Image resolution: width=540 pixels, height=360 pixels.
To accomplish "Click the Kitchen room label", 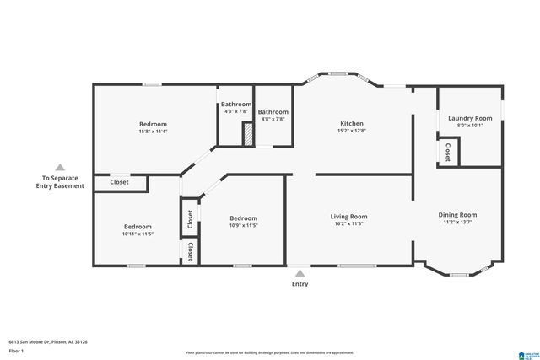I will tap(350, 124).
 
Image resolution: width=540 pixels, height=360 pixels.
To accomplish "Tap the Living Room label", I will tap(348, 217).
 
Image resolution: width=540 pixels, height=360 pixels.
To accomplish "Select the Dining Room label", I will tap(457, 215).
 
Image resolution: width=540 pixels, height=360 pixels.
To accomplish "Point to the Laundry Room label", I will tap(470, 119).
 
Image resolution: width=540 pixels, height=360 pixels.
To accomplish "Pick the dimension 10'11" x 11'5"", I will tap(138, 234).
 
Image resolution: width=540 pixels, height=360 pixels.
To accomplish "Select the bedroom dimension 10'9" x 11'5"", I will tap(243, 225).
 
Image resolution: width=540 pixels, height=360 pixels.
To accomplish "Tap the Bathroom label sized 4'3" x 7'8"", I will tap(235, 105).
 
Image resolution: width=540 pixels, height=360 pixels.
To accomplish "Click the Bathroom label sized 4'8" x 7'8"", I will tap(273, 112).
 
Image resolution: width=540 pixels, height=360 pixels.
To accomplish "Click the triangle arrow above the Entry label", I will tap(300, 272).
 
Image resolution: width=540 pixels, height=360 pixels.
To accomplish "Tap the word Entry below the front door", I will tap(300, 284).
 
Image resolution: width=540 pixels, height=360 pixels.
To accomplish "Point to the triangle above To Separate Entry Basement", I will tap(58, 167).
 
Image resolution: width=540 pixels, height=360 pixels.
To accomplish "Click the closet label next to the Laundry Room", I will tap(447, 152).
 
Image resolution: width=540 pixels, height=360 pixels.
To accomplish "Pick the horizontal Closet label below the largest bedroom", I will tap(119, 182).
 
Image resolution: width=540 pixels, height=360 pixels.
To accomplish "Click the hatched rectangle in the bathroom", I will tap(248, 134).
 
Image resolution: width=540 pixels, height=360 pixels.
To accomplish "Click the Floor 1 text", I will tap(17, 350).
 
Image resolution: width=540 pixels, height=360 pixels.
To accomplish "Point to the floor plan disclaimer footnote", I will tap(276, 352).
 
